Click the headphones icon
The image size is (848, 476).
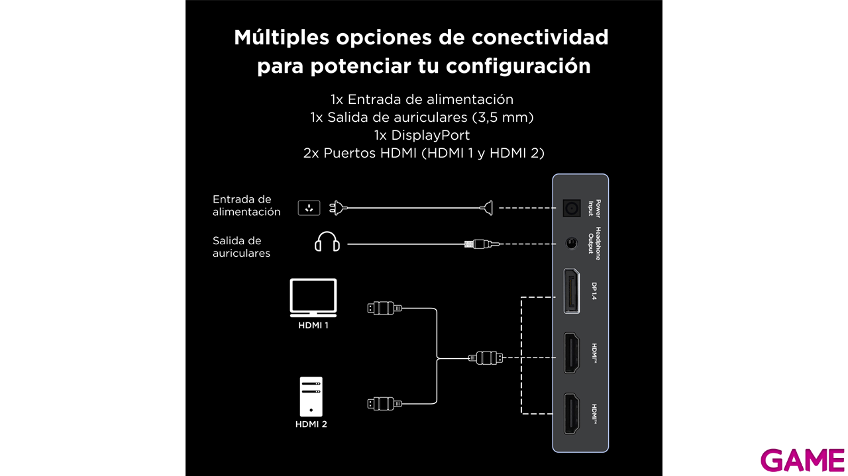[327, 242]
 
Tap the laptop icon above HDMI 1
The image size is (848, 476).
[313, 297]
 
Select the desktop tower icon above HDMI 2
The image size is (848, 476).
[311, 397]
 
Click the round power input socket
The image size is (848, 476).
[572, 208]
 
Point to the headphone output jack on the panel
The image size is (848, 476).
[572, 244]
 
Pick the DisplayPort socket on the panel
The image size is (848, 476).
[571, 291]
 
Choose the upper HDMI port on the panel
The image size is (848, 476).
[572, 353]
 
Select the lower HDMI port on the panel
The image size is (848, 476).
[572, 414]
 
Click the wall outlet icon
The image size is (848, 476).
[309, 208]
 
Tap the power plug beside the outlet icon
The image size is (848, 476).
[338, 208]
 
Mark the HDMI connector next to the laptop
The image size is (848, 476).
[384, 309]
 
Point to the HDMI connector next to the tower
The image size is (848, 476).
[384, 404]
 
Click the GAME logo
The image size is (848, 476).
[802, 461]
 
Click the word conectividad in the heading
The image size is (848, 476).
[540, 38]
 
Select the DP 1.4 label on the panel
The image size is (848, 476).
[594, 291]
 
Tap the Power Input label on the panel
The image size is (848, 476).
[594, 208]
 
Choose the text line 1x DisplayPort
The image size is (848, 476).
[422, 135]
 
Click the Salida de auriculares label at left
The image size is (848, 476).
[241, 247]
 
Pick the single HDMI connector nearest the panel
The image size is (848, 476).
[486, 357]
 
